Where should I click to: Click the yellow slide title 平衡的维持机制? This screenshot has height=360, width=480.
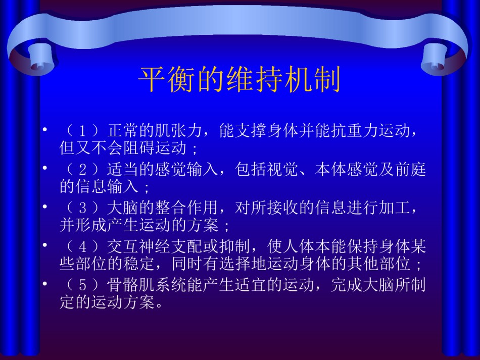239,79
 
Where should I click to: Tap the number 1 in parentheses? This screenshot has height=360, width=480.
82,131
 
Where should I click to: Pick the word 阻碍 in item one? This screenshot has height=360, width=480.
139,148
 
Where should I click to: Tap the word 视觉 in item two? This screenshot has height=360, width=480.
282,169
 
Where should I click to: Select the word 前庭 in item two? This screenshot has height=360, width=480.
410,169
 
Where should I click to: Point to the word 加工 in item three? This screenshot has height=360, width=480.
395,208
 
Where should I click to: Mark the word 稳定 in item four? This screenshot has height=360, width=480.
139,264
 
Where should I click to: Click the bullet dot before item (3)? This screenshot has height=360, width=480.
45,207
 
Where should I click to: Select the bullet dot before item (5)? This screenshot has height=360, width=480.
45,284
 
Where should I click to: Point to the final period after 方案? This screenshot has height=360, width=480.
159,305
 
